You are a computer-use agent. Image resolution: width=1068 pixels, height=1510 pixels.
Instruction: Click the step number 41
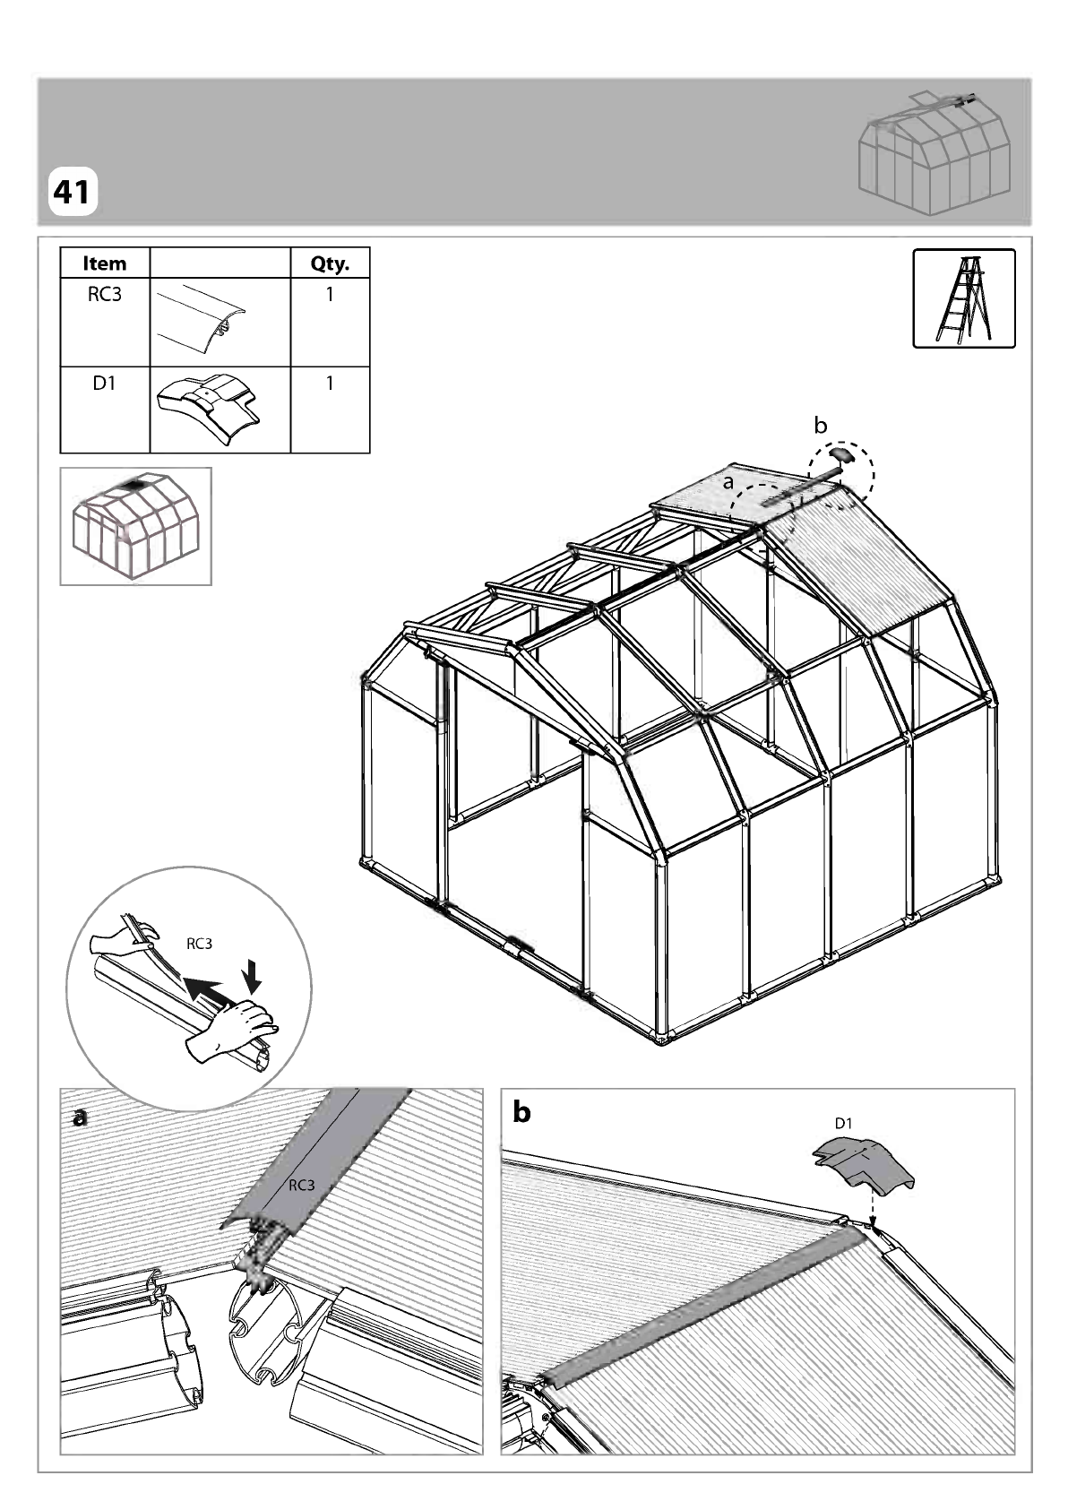click(x=72, y=192)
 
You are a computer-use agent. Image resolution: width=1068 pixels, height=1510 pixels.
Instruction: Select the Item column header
click(x=105, y=263)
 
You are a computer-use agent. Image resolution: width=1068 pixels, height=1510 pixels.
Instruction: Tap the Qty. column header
click(x=330, y=263)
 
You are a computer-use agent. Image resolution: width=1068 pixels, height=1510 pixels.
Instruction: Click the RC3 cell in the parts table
click(x=105, y=295)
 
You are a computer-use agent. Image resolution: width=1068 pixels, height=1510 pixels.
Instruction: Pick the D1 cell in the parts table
click(x=105, y=383)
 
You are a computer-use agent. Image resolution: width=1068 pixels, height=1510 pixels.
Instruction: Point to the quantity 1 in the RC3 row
click(x=330, y=295)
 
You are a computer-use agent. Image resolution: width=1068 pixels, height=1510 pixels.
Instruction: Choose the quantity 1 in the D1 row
click(x=330, y=383)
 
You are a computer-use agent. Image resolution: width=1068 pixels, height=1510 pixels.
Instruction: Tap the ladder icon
click(x=963, y=298)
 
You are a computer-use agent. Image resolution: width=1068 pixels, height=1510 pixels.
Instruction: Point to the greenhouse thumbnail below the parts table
click(x=135, y=526)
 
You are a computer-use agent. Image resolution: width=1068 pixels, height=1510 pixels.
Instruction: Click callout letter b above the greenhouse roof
click(x=820, y=426)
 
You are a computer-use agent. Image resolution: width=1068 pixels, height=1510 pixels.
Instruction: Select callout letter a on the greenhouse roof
click(x=728, y=483)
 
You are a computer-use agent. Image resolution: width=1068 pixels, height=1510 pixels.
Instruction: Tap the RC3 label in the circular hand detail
click(x=200, y=944)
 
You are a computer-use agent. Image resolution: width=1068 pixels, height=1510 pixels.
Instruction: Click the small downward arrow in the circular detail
click(x=252, y=977)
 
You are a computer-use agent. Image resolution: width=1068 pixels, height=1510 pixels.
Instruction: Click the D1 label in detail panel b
click(x=844, y=1123)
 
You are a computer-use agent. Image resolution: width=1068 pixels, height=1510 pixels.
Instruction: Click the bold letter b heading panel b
click(x=521, y=1113)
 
